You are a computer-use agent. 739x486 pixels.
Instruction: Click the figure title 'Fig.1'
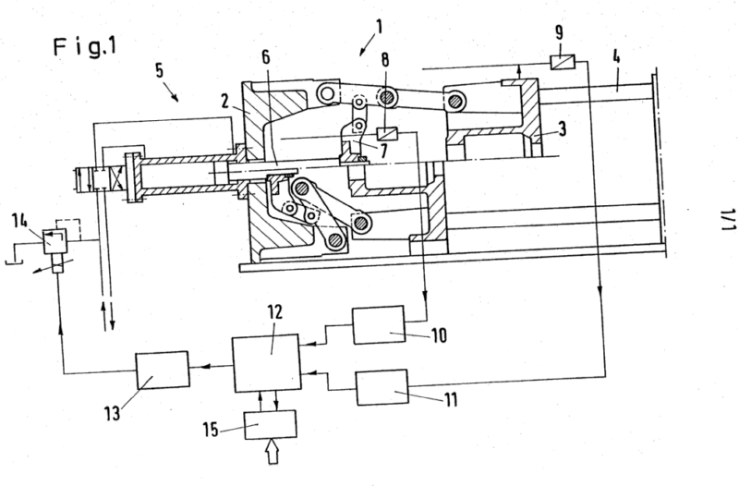[x=85, y=47]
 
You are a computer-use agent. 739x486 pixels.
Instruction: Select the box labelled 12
[x=267, y=363]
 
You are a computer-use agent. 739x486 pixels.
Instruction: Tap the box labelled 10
[x=379, y=325]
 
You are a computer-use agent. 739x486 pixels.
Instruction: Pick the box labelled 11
[x=382, y=387]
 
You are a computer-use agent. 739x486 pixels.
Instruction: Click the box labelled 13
[x=163, y=370]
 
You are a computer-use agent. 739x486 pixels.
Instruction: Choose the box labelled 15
[x=271, y=424]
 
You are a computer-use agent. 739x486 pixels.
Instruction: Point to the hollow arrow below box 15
[x=273, y=452]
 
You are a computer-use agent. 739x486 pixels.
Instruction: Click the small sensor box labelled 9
[x=563, y=62]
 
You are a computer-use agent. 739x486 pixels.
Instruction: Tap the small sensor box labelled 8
[x=388, y=134]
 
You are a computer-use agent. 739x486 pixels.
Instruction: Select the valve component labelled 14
[x=55, y=241]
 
